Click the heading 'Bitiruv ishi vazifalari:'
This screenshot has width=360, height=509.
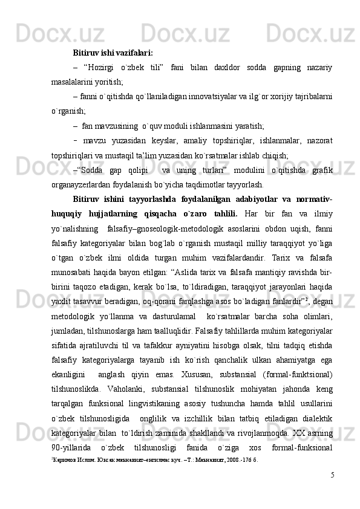pyautogui.click(x=113, y=52)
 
